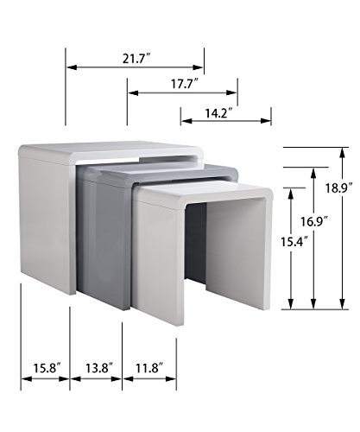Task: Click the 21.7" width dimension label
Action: tap(137, 59)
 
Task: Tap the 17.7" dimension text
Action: tap(185, 84)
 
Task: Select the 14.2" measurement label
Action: tap(218, 113)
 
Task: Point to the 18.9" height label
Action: tap(339, 188)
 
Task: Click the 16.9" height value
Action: tap(314, 222)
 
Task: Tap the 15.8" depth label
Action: tap(47, 368)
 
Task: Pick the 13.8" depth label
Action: tap(98, 368)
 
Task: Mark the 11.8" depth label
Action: tap(149, 368)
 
